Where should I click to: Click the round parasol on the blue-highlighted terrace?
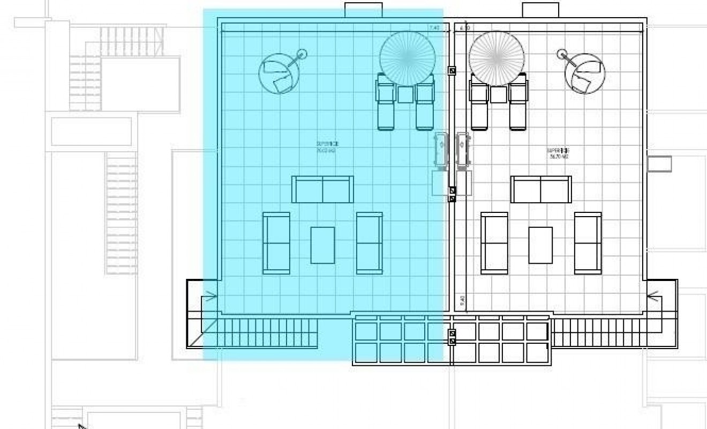[407, 58]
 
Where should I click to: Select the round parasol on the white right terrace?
[497, 58]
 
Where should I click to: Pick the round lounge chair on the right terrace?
[585, 73]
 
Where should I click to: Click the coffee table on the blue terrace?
[322, 245]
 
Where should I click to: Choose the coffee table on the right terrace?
[540, 245]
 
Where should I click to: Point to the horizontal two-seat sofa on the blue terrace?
[322, 189]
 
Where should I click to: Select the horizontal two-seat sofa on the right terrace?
[541, 189]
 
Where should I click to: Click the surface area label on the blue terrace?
[327, 147]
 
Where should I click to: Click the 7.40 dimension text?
[434, 28]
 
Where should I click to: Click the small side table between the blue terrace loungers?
[405, 94]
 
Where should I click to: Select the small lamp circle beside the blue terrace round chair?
[302, 54]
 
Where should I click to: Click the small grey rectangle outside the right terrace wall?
[659, 164]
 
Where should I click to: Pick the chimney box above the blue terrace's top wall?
[363, 10]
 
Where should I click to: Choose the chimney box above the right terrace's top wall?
[540, 10]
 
